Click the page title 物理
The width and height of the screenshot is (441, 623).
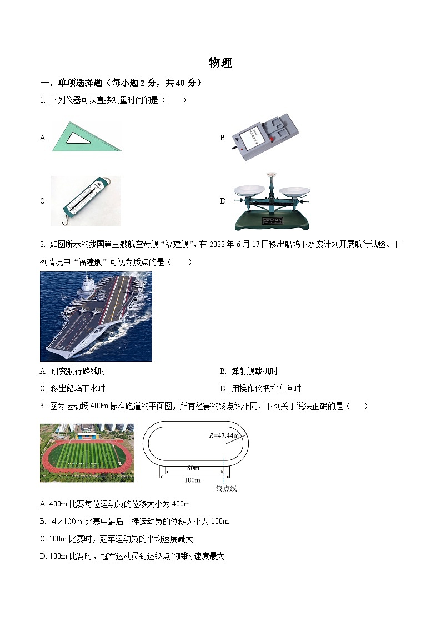[220, 63]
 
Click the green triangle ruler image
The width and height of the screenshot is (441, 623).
[86, 137]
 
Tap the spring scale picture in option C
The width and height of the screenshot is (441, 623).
[86, 200]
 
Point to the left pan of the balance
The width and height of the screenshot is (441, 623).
[248, 191]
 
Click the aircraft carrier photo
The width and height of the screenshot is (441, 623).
[96, 316]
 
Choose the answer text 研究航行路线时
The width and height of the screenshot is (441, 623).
[78, 372]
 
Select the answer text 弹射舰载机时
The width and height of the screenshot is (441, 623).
[254, 372]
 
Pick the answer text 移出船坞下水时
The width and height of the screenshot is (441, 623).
[78, 389]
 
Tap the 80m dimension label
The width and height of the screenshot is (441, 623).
[193, 468]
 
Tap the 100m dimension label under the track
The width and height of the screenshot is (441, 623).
[192, 480]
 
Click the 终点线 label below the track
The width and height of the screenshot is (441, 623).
[227, 489]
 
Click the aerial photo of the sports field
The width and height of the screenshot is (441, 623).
[87, 453]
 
